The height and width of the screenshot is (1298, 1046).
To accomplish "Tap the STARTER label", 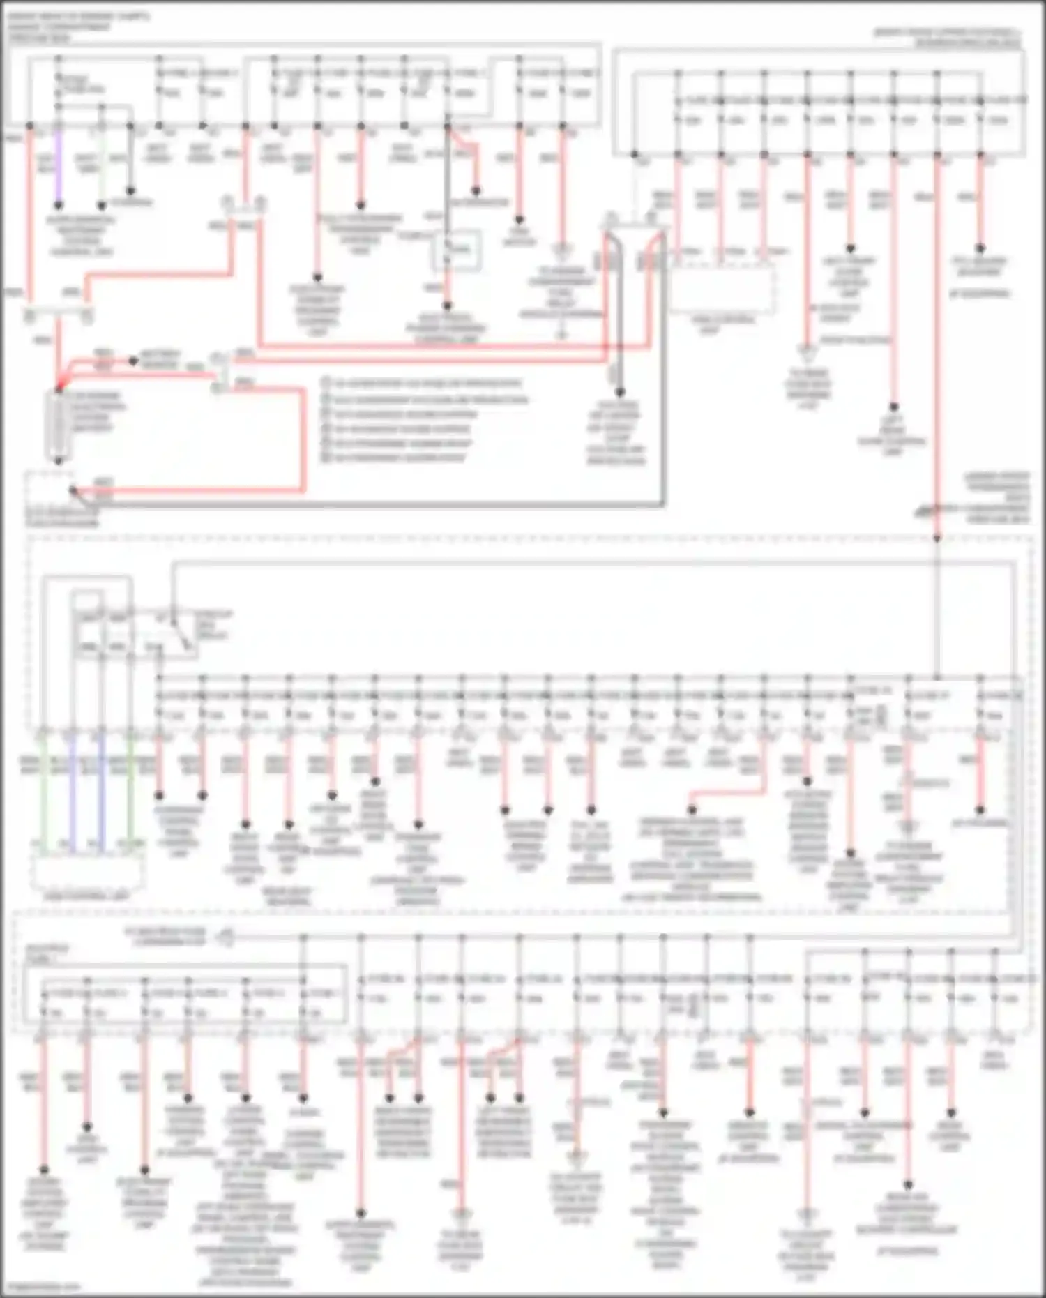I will [x=132, y=203].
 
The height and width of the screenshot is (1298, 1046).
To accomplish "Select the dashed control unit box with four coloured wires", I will [x=87, y=872].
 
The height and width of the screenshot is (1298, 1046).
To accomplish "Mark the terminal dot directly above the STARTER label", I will [x=130, y=190].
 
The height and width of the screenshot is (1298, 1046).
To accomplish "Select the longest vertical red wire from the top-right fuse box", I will [x=937, y=349].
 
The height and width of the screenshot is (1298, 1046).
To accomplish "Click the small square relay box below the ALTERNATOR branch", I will [x=457, y=250].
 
